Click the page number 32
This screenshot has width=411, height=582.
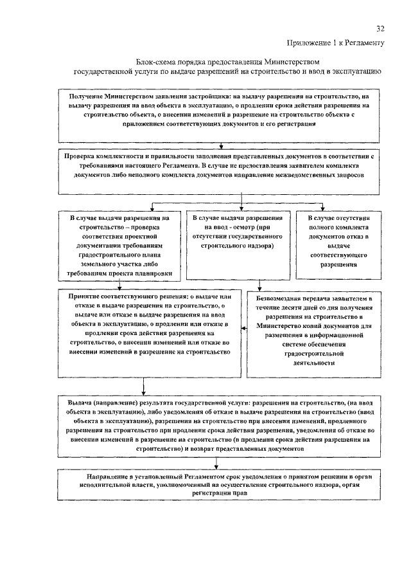coord(380,29)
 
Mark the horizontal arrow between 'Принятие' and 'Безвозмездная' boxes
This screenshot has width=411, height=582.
coord(243,329)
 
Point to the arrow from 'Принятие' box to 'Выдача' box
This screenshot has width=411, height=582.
coord(143,386)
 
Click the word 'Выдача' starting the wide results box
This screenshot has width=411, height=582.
coord(80,401)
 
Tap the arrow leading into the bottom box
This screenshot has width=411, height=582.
coord(222,464)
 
